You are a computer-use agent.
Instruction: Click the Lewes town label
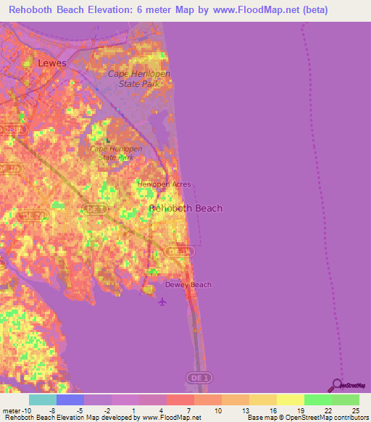click(x=51, y=63)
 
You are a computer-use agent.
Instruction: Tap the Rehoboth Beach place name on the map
click(x=185, y=208)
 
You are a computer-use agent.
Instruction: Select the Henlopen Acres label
click(x=164, y=184)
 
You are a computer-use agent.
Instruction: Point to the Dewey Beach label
click(x=188, y=284)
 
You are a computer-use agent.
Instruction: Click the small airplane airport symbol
click(x=162, y=302)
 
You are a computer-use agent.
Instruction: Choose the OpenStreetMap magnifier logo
click(x=337, y=385)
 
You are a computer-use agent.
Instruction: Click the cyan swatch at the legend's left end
click(x=42, y=400)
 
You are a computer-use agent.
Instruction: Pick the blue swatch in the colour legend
click(x=70, y=400)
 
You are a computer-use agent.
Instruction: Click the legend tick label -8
click(x=51, y=410)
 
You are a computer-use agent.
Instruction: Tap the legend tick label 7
click(x=188, y=410)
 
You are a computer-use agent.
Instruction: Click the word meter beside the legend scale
click(x=12, y=410)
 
